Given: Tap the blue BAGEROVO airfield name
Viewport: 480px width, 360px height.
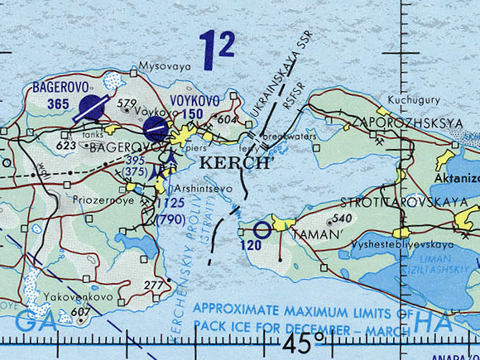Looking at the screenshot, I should pos(59,86).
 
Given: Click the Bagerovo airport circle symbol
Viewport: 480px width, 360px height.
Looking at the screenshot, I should pos(90,108).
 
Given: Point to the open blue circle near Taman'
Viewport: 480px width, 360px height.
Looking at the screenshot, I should pos(262,231).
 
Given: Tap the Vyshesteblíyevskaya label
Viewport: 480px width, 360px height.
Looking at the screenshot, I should pos(402,246).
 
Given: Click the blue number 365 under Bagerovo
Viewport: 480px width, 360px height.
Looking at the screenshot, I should pos(59,103).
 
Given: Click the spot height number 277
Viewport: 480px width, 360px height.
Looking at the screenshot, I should pos(154,286).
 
